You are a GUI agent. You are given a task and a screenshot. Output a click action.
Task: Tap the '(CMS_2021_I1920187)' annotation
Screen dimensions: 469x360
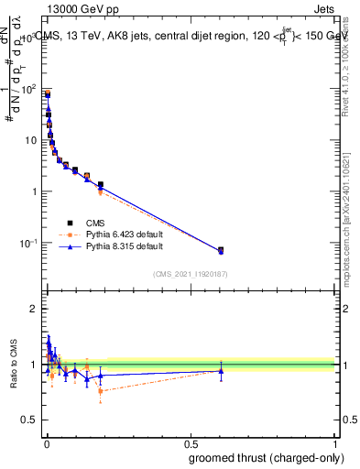190,274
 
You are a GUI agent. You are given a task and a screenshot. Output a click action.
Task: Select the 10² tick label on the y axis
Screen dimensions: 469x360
29,90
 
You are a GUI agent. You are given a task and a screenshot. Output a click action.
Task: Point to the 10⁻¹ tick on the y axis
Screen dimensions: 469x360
29,243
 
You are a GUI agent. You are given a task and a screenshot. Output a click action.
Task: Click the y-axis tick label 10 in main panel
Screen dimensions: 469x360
31,140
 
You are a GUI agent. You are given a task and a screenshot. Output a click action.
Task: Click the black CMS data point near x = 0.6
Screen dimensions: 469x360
221,249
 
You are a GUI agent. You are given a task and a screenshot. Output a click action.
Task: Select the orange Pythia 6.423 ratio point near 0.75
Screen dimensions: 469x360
101,391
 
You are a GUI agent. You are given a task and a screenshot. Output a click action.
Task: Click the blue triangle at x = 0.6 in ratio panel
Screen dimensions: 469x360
221,371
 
